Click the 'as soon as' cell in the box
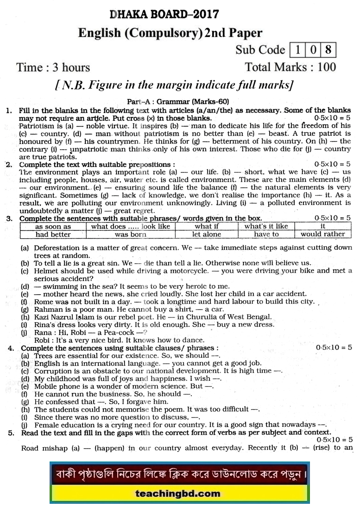[x=53, y=227]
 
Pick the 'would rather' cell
[x=323, y=234]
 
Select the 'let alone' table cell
[x=207, y=234]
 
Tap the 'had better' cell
[x=53, y=234]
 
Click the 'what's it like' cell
[x=266, y=227]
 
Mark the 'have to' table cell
[x=266, y=234]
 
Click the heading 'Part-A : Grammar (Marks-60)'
[x=178, y=101]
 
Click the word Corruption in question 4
[x=54, y=371]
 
